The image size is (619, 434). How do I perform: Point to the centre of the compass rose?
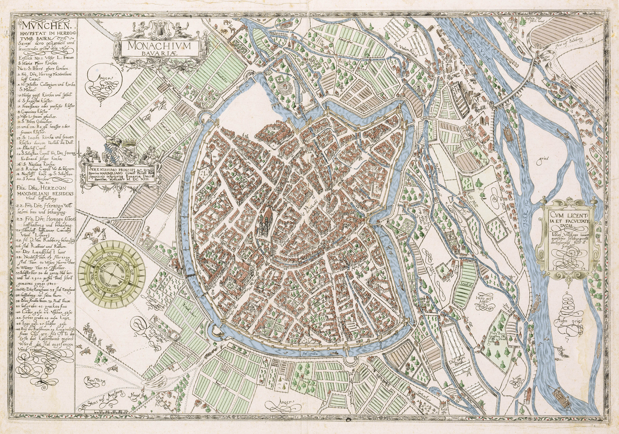(111, 273)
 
